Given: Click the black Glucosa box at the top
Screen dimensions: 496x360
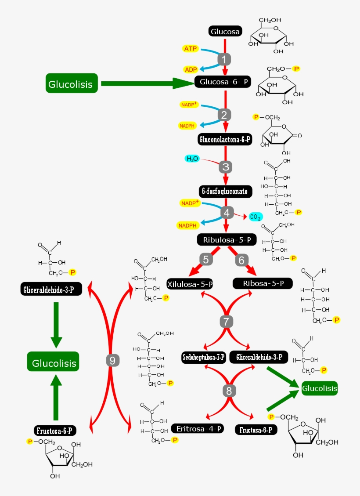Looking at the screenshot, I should click(x=225, y=32).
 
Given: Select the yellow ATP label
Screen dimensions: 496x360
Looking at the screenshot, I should click(x=191, y=48).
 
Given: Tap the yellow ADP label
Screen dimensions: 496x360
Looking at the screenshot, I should click(x=191, y=69).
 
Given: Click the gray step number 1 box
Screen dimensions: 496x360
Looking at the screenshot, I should click(x=224, y=59).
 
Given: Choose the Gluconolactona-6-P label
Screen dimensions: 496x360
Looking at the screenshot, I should click(x=225, y=140).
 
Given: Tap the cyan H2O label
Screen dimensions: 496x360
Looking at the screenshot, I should click(x=192, y=159).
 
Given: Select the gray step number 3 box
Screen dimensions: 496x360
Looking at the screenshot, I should click(x=226, y=167).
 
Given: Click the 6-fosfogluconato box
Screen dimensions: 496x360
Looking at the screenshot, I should click(x=225, y=192).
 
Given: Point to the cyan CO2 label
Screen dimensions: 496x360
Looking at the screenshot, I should click(x=255, y=217).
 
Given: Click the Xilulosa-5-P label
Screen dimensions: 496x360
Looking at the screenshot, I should click(x=190, y=284).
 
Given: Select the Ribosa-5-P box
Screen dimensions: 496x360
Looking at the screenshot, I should click(x=263, y=283).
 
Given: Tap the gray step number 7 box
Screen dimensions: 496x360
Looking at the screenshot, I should click(x=226, y=321).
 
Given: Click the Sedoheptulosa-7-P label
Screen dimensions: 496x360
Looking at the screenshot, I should click(x=204, y=357).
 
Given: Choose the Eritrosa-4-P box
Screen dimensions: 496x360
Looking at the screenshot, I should click(x=198, y=428).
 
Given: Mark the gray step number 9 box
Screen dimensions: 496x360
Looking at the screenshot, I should click(x=112, y=361).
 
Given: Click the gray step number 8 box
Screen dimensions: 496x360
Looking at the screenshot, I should click(x=228, y=390).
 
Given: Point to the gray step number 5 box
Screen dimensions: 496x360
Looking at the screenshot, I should click(x=206, y=259).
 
